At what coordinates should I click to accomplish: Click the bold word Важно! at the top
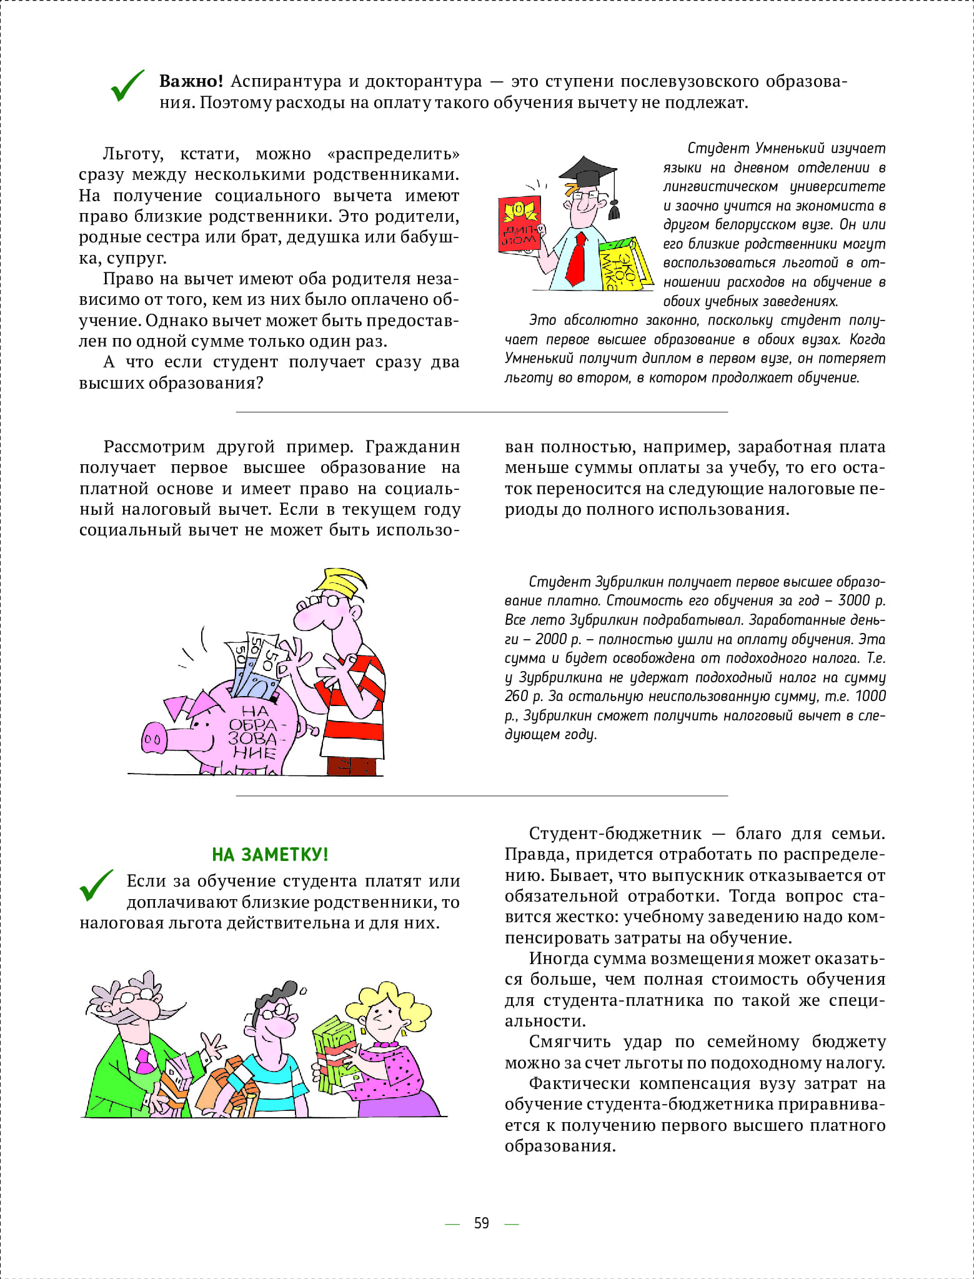tap(191, 81)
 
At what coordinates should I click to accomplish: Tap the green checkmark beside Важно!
tap(127, 86)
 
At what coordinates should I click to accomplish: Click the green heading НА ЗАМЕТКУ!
tap(270, 854)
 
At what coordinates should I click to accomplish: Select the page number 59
tap(481, 1223)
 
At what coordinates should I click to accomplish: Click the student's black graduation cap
tap(587, 171)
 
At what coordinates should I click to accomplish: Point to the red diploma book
tap(519, 224)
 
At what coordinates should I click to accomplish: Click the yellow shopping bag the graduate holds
tap(617, 266)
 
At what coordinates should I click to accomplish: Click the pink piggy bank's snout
tap(153, 740)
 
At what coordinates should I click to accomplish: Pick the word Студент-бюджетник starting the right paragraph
tap(615, 834)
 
